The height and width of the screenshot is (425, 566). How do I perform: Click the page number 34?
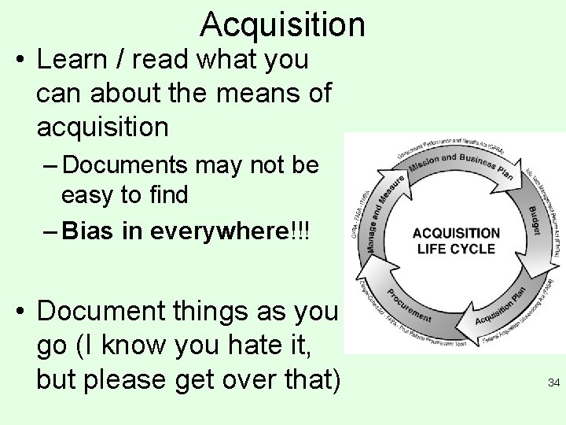coord(553,383)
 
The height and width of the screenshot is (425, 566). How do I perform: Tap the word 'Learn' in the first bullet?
coord(72,59)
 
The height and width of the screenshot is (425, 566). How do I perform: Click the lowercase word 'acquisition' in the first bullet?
coord(101,127)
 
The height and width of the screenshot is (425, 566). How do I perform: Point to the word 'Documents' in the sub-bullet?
coord(124,165)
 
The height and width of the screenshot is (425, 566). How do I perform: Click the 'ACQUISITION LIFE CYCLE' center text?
coord(455,241)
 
